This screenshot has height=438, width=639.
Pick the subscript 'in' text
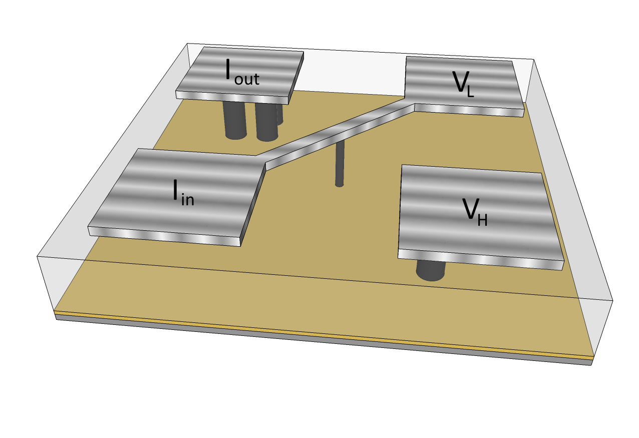(x=186, y=200)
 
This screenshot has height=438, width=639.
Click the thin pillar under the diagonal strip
(x=340, y=163)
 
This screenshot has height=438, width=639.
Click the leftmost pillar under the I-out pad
(x=235, y=120)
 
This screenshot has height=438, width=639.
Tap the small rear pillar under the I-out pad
(x=280, y=114)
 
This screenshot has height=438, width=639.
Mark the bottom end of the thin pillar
(x=340, y=185)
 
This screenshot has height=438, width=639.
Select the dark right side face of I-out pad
(x=297, y=75)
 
